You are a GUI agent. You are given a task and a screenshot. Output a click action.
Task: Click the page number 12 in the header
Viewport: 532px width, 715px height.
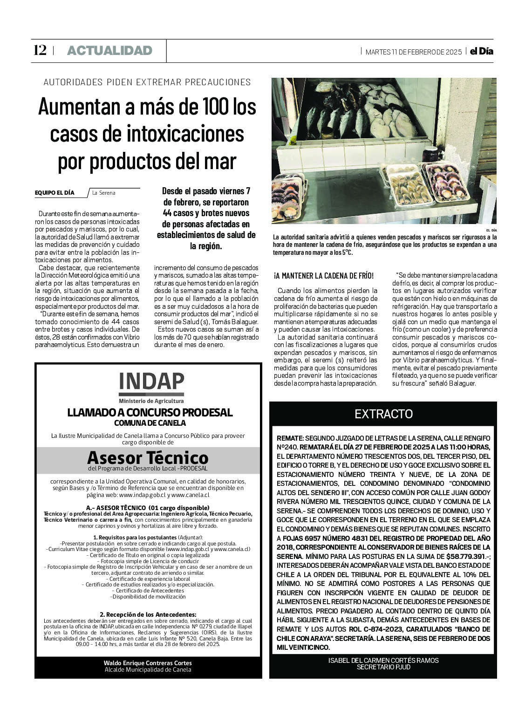point(40,50)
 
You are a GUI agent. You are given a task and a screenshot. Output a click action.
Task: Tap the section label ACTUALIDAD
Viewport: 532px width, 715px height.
point(110,51)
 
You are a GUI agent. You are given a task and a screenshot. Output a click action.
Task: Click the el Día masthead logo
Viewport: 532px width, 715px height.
point(481,51)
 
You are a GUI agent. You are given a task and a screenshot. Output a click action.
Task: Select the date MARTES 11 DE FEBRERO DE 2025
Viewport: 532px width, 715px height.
point(413,52)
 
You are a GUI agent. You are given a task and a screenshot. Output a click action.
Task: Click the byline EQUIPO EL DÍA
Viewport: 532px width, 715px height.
point(55,192)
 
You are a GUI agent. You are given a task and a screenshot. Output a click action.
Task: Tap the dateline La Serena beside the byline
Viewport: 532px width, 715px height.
point(104,193)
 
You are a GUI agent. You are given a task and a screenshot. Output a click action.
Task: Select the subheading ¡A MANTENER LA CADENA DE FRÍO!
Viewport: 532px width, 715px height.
point(324,276)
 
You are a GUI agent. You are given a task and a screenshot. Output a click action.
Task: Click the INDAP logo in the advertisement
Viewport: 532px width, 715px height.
point(151,383)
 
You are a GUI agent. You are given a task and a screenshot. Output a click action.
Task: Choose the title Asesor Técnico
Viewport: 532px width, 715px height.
point(148,457)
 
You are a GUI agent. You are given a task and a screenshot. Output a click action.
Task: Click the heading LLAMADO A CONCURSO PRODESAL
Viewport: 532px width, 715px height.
point(150,413)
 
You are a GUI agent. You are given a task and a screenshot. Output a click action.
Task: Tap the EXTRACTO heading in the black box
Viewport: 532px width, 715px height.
point(383,414)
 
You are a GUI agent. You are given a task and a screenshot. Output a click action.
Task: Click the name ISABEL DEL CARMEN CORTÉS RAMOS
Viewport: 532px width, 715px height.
point(383,660)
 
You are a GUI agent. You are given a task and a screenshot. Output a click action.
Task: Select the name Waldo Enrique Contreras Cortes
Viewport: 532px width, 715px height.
point(148,663)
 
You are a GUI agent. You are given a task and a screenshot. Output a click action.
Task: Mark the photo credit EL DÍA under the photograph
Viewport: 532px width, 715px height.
point(491,230)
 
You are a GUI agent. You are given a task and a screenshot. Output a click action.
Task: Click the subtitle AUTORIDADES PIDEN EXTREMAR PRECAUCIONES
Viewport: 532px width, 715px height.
point(147,82)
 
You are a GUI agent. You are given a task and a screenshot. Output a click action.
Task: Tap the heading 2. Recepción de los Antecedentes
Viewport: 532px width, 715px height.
point(148,614)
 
